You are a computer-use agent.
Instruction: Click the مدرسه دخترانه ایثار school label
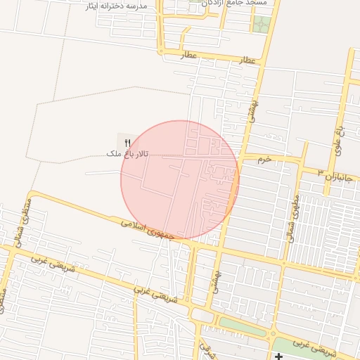coord(116,6)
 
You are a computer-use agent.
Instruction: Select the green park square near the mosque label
coord(261,25)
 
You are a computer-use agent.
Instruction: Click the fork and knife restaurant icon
coord(127,143)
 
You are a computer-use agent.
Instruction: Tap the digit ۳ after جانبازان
coord(321,172)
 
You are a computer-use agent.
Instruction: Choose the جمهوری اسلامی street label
coord(146,231)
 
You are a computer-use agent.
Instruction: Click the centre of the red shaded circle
coord(180,180)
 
